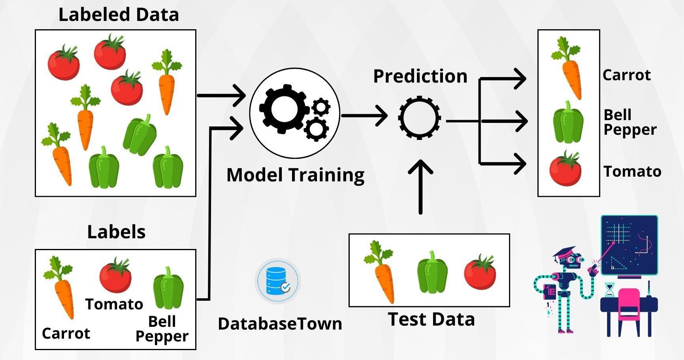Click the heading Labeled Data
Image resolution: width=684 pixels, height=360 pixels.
pos(119,15)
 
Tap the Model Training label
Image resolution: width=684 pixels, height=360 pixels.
pos(295,175)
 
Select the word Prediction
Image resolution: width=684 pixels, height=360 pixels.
pos(420,76)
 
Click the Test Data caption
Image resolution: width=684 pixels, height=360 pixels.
pos(431,319)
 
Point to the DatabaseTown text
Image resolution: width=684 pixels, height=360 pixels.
pos(280,324)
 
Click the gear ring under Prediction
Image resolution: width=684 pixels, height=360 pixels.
pos(419,117)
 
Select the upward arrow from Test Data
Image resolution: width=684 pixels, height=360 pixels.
pos(420,186)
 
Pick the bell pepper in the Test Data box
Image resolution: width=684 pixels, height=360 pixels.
pos(432,273)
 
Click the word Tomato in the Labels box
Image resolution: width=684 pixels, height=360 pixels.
pos(114,304)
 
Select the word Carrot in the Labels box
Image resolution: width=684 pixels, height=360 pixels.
pos(66,334)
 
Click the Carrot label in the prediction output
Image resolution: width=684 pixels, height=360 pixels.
pos(626,75)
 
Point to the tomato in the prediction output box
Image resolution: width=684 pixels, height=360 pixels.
pos(565,169)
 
